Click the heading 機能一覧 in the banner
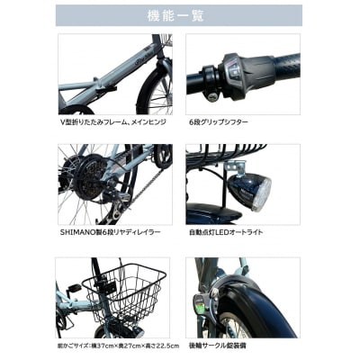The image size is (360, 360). coord(179,15)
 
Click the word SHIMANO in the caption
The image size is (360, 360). coord(77,232)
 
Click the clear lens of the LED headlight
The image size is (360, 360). coord(260,193)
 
